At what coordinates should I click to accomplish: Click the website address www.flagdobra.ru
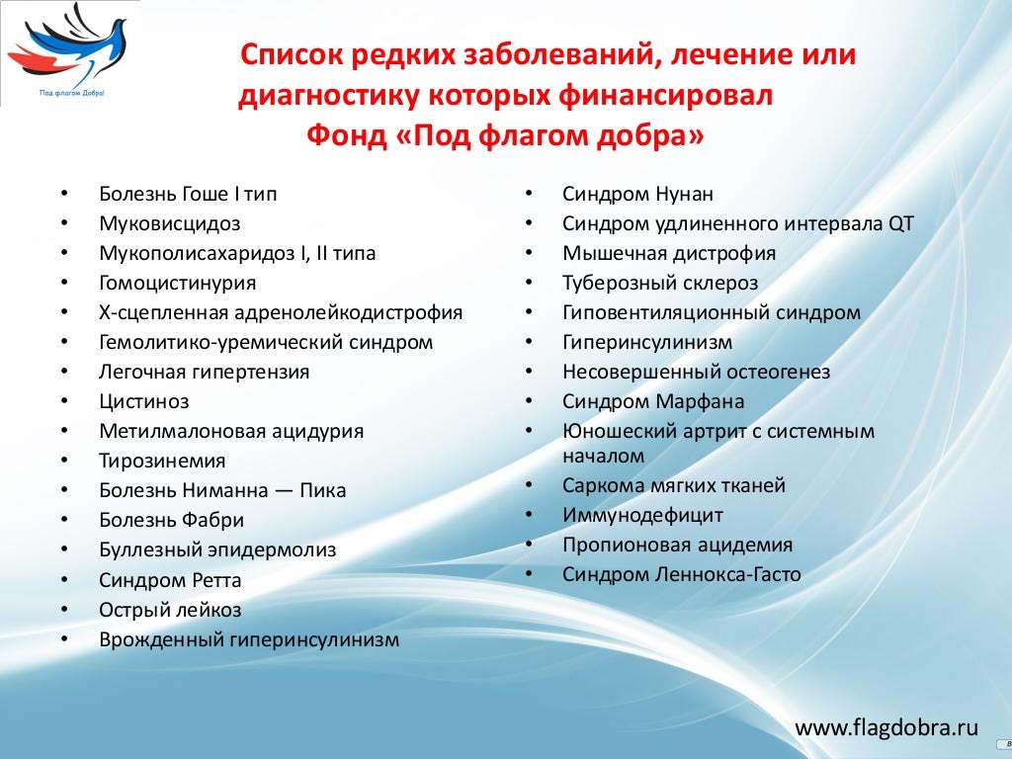coord(886,728)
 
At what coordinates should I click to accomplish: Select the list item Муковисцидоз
coord(169,223)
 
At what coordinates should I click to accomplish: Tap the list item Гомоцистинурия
coord(177,283)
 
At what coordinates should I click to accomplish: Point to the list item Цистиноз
coord(143,401)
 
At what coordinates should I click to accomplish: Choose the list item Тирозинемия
coord(162,461)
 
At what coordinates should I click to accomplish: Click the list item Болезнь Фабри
coord(171,520)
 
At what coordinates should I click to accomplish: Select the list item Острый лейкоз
coord(170,610)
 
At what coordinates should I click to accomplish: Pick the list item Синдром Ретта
coord(170,580)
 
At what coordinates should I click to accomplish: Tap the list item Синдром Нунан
coord(637,194)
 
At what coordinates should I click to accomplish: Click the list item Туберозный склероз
coord(660,283)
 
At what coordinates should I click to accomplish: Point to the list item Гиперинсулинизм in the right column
coord(647,342)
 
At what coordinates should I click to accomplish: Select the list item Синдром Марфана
coord(653,401)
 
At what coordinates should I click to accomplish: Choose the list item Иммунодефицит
coord(642,515)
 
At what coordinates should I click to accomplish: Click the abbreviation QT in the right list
coord(900,223)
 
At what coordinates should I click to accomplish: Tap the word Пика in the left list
coord(323,490)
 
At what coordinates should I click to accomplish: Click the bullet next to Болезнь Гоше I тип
coord(64,194)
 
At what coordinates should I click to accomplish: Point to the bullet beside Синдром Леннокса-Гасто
coord(529,574)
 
